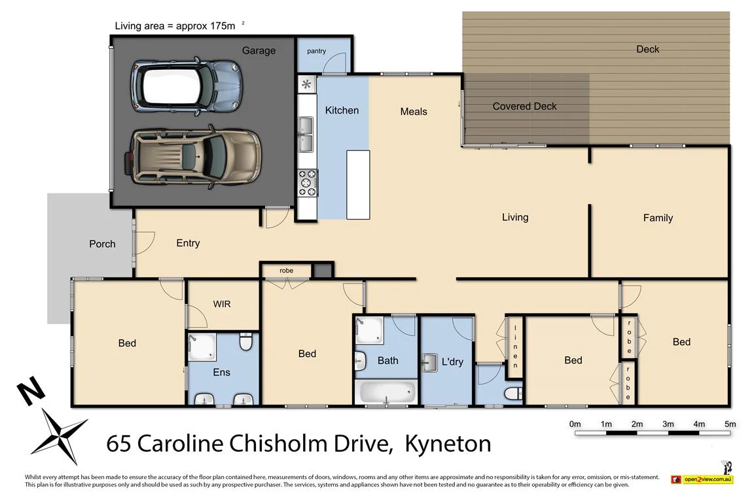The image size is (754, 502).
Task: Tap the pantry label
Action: (316, 51)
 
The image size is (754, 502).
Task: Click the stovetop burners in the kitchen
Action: (308, 182)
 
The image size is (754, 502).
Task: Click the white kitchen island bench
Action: (358, 184)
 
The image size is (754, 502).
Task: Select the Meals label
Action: (414, 112)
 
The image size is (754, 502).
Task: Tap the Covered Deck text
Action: (524, 106)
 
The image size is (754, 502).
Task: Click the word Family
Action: (658, 218)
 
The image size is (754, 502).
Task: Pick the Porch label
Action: (102, 244)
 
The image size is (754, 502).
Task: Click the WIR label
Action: (221, 304)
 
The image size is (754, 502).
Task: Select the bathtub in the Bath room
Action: (387, 392)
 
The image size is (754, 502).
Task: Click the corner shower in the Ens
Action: (202, 346)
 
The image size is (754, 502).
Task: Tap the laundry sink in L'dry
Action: (430, 361)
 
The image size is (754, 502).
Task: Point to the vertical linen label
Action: (515, 346)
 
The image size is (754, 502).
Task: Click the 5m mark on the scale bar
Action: (730, 424)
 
